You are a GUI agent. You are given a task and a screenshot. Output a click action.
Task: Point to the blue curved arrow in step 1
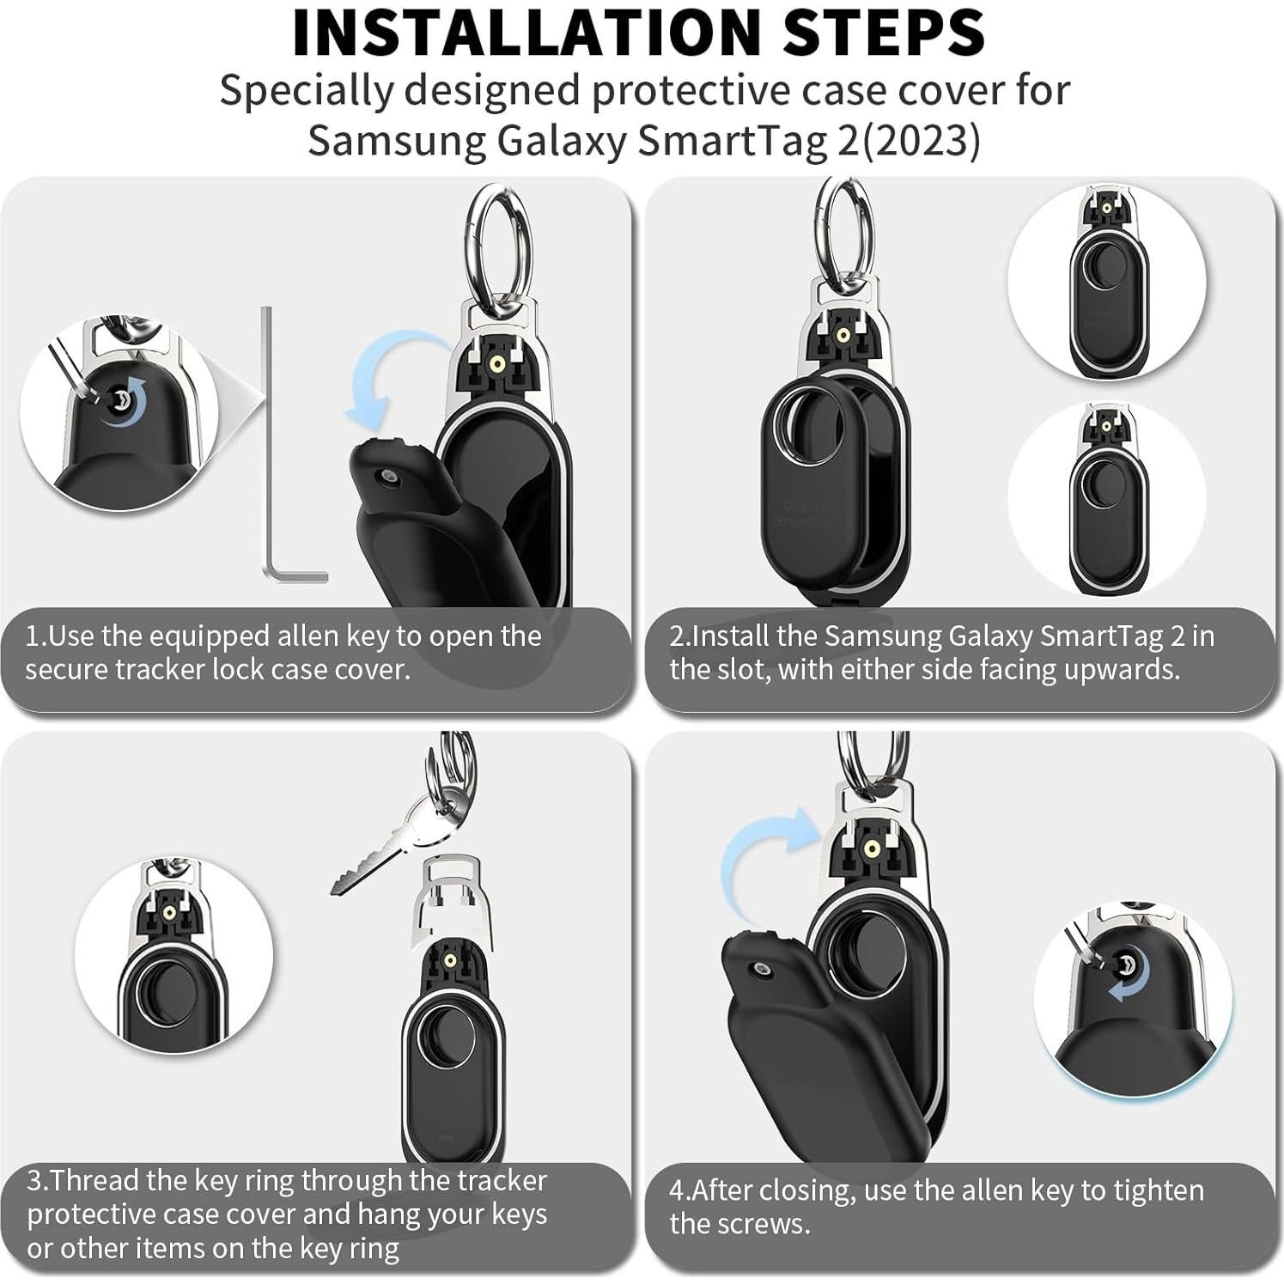click(x=386, y=382)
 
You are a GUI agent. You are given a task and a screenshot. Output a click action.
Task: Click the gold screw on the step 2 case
click(x=843, y=336)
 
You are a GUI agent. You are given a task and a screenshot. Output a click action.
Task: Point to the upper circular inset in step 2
click(x=1106, y=281)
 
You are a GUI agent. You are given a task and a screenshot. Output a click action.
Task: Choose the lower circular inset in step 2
click(x=1106, y=498)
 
